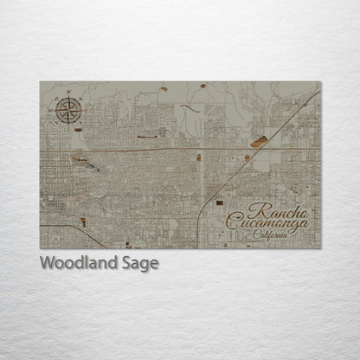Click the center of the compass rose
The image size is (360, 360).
pyautogui.click(x=67, y=110)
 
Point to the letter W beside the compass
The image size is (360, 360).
pyautogui.click(x=53, y=111)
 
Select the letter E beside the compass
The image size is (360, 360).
pyautogui.click(x=82, y=110)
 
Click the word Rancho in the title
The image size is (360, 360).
pyautogui.click(x=276, y=209)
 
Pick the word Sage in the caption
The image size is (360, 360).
pyautogui.click(x=139, y=264)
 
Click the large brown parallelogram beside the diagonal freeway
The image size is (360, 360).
pyautogui.click(x=260, y=142)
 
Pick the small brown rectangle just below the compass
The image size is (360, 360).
pyautogui.click(x=78, y=130)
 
